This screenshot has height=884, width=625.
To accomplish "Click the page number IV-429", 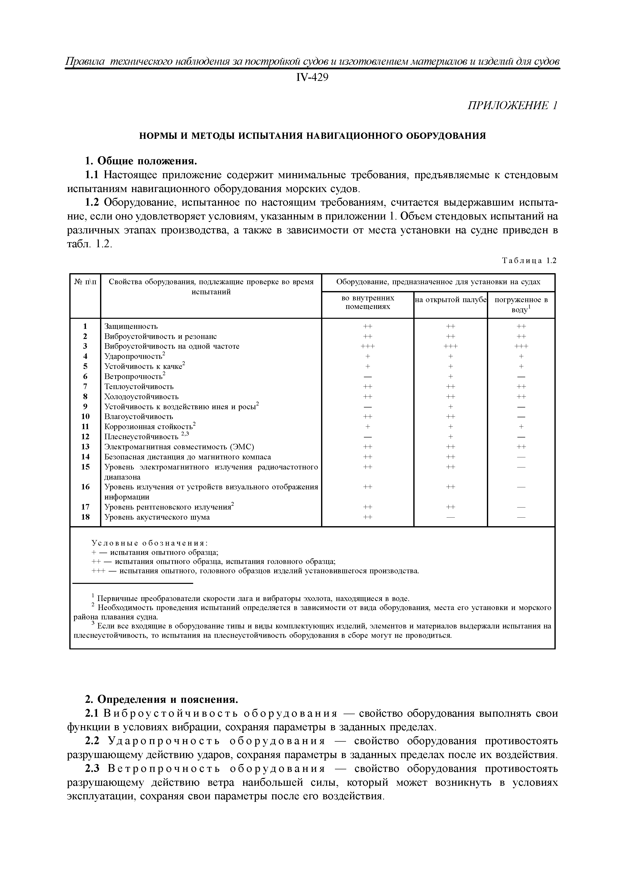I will [x=312, y=78].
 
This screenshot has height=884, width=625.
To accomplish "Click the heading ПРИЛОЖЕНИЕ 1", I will [x=512, y=106].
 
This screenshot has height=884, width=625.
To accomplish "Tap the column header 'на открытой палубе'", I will [x=451, y=300].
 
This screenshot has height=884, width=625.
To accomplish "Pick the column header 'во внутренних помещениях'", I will [x=368, y=302].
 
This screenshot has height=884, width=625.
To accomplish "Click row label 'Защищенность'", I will [x=131, y=326].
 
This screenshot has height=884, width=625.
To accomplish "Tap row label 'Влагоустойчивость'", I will [x=139, y=416].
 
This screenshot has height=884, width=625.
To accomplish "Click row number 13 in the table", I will [x=85, y=447].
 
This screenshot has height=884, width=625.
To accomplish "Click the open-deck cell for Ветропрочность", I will [x=451, y=376].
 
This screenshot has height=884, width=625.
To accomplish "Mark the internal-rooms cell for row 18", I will [x=368, y=517].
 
